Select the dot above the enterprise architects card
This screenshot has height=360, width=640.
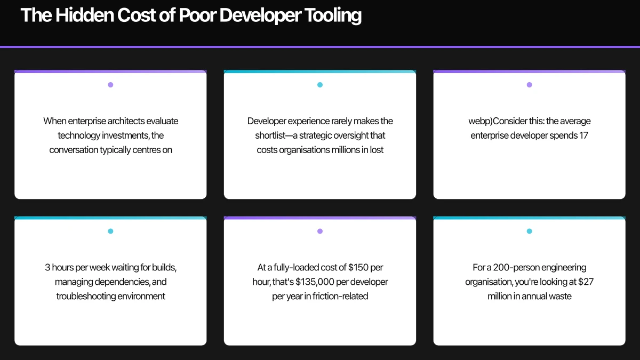110,85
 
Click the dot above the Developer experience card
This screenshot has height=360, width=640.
320,85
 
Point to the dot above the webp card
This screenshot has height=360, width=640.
529,85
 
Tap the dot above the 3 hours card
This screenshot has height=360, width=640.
110,231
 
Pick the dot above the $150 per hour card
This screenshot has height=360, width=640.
320,231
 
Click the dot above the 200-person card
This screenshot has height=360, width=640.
529,231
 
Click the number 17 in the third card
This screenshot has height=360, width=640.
583,135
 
